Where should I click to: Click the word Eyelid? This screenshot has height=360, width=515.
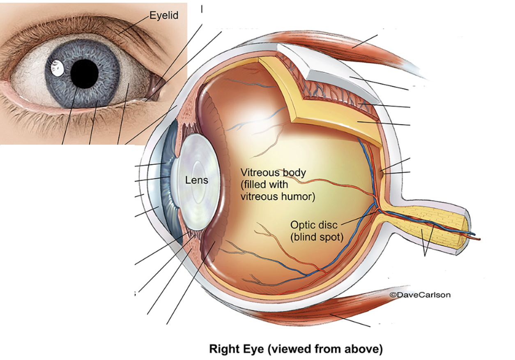164,16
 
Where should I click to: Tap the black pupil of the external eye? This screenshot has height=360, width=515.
84,74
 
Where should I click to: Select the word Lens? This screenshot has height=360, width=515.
196,180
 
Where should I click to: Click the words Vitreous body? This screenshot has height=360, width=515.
273,172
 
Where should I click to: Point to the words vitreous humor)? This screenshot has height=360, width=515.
278,196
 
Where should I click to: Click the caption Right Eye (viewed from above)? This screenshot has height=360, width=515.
296,349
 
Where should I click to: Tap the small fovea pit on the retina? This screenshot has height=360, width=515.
382,172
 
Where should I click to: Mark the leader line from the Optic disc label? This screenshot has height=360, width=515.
357,218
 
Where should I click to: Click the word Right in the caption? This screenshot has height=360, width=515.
222,349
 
